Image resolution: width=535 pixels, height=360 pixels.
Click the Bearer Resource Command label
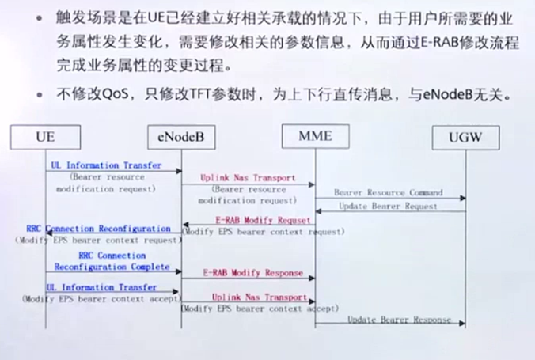point(387,192)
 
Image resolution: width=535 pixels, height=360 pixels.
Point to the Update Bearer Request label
point(387,206)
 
